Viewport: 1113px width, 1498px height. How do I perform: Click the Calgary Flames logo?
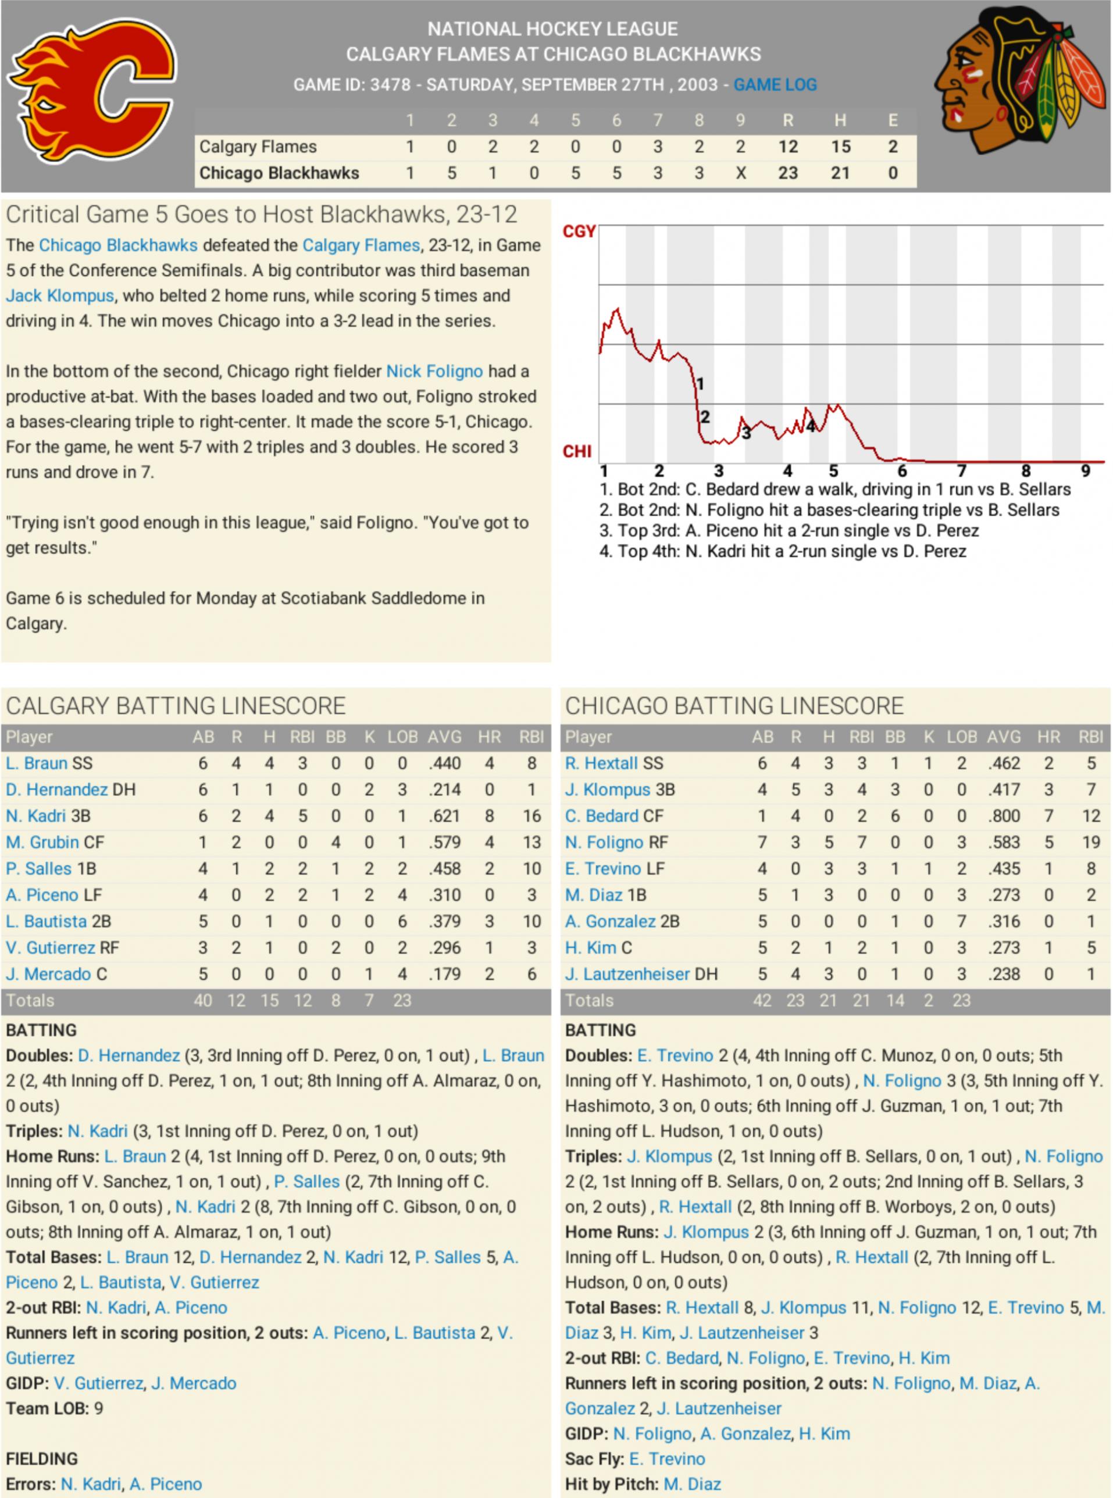93,90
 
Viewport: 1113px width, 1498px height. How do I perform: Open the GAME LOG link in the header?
775,85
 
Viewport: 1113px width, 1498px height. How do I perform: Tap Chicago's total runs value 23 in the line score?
787,173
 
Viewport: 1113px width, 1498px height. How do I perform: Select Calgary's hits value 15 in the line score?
840,147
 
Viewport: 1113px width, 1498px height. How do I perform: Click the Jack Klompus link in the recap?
60,295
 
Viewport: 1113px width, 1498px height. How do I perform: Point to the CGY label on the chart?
579,231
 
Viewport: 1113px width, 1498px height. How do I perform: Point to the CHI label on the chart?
577,451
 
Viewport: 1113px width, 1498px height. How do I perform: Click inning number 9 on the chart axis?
1085,471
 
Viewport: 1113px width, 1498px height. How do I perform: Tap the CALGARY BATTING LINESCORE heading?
176,706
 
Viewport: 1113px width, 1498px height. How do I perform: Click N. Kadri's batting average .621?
444,816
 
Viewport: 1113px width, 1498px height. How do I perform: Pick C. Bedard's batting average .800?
1003,816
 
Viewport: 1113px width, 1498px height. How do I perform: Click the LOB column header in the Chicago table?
961,737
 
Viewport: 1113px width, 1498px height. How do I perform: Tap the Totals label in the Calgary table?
30,1000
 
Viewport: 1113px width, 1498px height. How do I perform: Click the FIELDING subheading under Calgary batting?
42,1459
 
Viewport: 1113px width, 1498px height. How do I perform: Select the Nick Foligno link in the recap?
434,371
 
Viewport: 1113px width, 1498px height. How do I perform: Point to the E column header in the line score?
893,120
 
